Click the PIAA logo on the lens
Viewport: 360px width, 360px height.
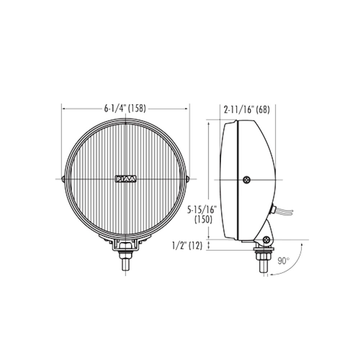pyautogui.click(x=125, y=179)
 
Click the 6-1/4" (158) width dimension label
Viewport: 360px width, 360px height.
pyautogui.click(x=125, y=108)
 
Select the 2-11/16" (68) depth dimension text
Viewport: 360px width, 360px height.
pyautogui.click(x=247, y=110)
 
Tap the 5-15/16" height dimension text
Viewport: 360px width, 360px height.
pyautogui.click(x=202, y=210)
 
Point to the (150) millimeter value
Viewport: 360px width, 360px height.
pyautogui.click(x=203, y=220)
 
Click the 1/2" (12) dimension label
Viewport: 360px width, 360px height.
pyautogui.click(x=187, y=246)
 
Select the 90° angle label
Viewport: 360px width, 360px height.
pyautogui.click(x=284, y=261)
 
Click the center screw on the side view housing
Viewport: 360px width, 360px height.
pyautogui.click(x=247, y=180)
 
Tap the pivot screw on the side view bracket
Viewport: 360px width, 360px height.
pyautogui.click(x=266, y=239)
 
